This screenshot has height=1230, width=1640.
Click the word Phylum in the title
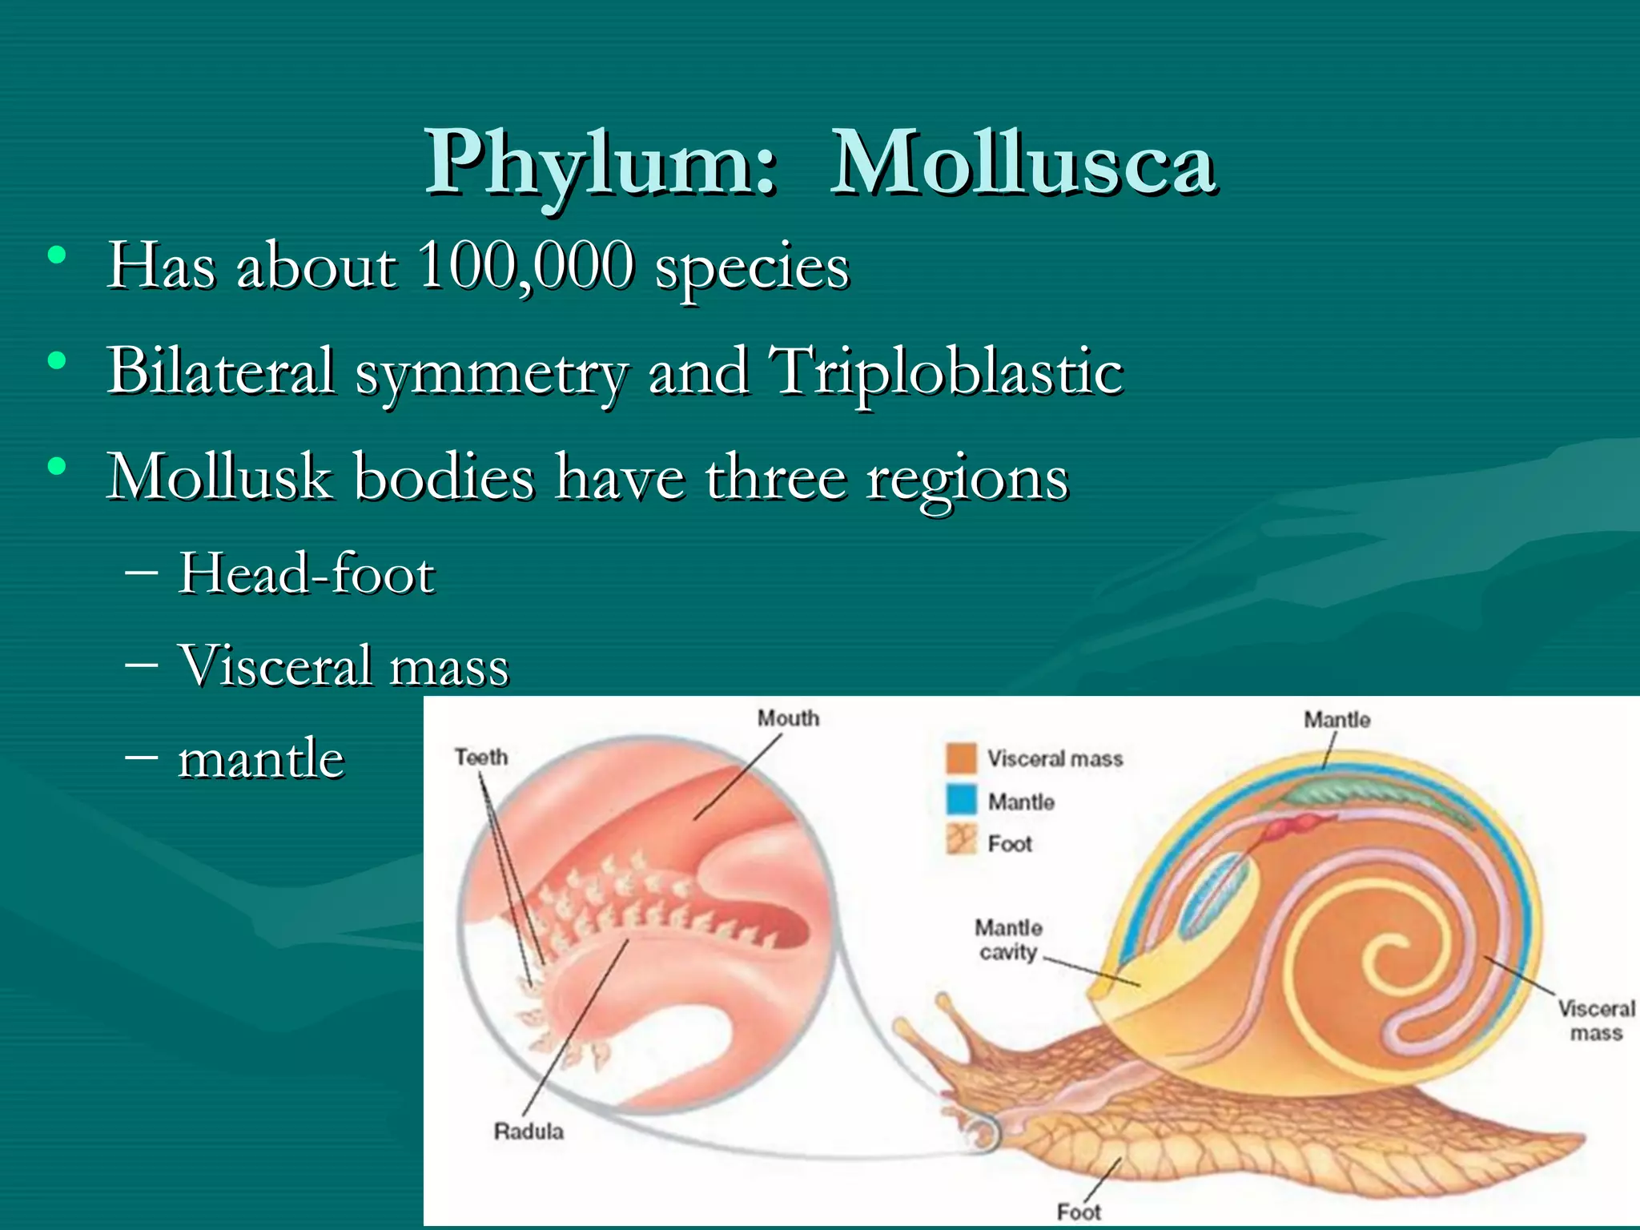[x=601, y=164]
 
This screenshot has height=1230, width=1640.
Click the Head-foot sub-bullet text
[x=306, y=574]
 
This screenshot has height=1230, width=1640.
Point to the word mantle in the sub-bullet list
[x=261, y=758]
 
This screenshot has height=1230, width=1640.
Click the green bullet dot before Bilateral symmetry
[x=56, y=361]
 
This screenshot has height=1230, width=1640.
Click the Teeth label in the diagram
[x=481, y=757]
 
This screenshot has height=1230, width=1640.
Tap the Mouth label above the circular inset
[x=789, y=718]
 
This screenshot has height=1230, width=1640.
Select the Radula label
[x=529, y=1132]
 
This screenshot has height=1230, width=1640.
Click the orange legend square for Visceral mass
[x=961, y=758]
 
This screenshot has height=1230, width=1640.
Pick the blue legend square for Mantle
[x=961, y=800]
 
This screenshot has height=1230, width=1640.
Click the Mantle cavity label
[x=1008, y=940]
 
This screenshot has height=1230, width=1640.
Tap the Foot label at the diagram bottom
[x=1079, y=1212]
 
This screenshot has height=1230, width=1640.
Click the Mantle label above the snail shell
[x=1337, y=720]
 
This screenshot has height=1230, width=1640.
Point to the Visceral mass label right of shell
[x=1596, y=1020]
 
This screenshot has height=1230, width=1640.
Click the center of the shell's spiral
[x=1393, y=957]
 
